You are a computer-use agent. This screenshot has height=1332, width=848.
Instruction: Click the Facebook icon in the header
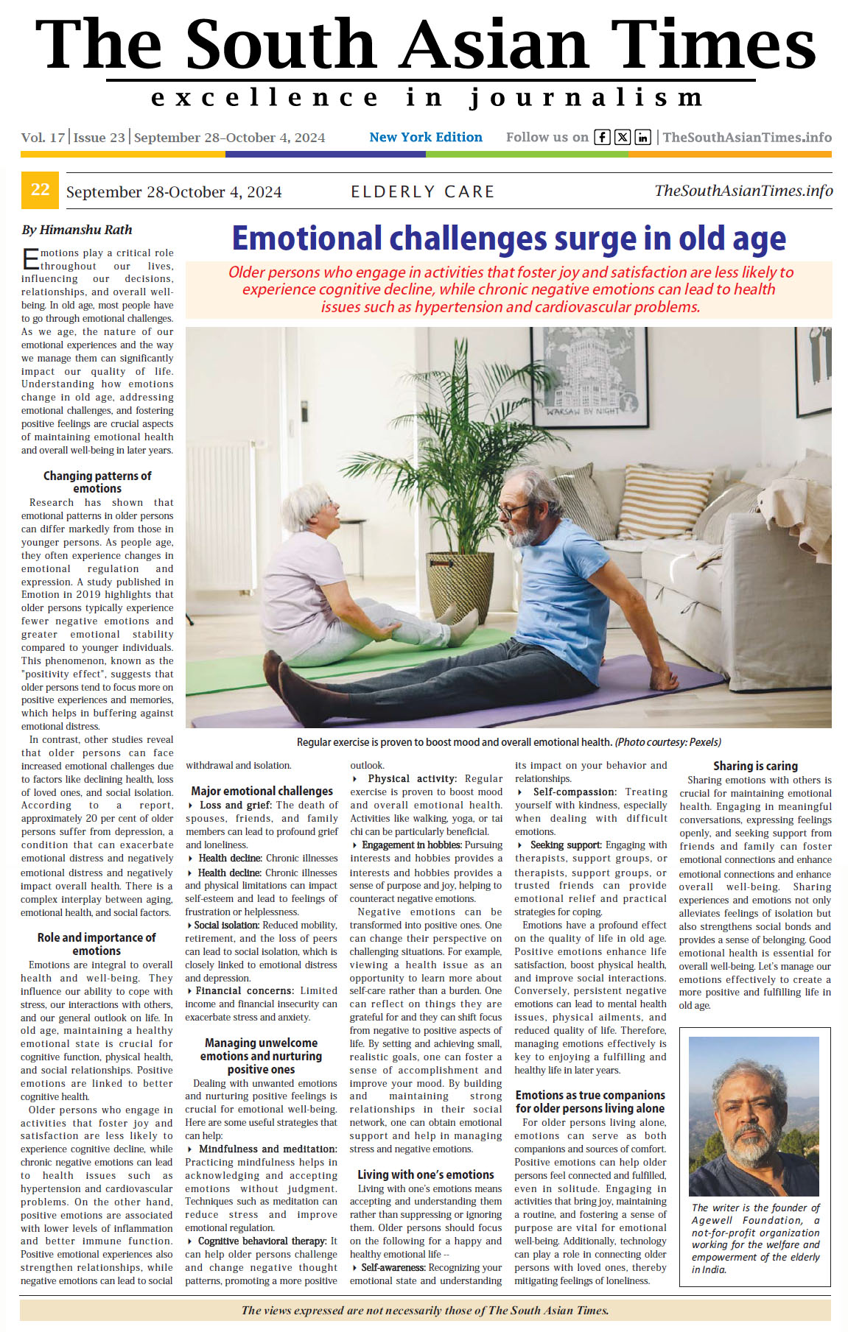pyautogui.click(x=602, y=137)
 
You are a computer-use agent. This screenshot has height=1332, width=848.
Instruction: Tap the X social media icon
pyautogui.click(x=623, y=137)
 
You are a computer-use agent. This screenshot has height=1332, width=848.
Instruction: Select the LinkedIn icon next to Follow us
pyautogui.click(x=642, y=137)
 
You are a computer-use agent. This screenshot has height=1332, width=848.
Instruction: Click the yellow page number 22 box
pyautogui.click(x=40, y=190)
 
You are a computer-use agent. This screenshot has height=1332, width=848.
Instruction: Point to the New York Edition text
pyautogui.click(x=426, y=137)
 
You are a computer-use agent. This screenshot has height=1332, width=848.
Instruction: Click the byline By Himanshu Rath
pyautogui.click(x=77, y=230)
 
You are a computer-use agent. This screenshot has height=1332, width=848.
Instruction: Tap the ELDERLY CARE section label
pyautogui.click(x=422, y=192)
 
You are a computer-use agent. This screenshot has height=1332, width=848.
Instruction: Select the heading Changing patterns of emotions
pyautogui.click(x=97, y=482)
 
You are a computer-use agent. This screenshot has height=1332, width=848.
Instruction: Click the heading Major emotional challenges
pyautogui.click(x=262, y=791)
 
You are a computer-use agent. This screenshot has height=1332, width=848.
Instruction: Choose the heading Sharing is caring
pyautogui.click(x=755, y=766)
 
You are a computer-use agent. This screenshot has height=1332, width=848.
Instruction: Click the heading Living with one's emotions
pyautogui.click(x=426, y=1174)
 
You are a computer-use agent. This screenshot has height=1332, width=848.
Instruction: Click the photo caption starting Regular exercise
pyautogui.click(x=508, y=742)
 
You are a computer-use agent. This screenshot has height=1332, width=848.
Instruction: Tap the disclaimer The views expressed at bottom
pyautogui.click(x=425, y=1310)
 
